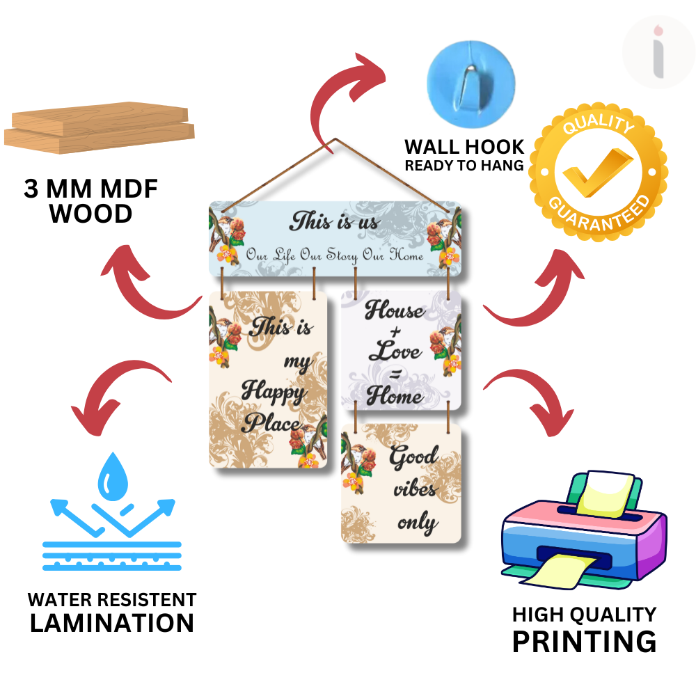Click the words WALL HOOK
464,147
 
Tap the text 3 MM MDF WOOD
90,201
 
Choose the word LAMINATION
112,623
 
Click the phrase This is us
335,222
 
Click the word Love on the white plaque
395,351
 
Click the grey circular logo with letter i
657,53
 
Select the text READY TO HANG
464,166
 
